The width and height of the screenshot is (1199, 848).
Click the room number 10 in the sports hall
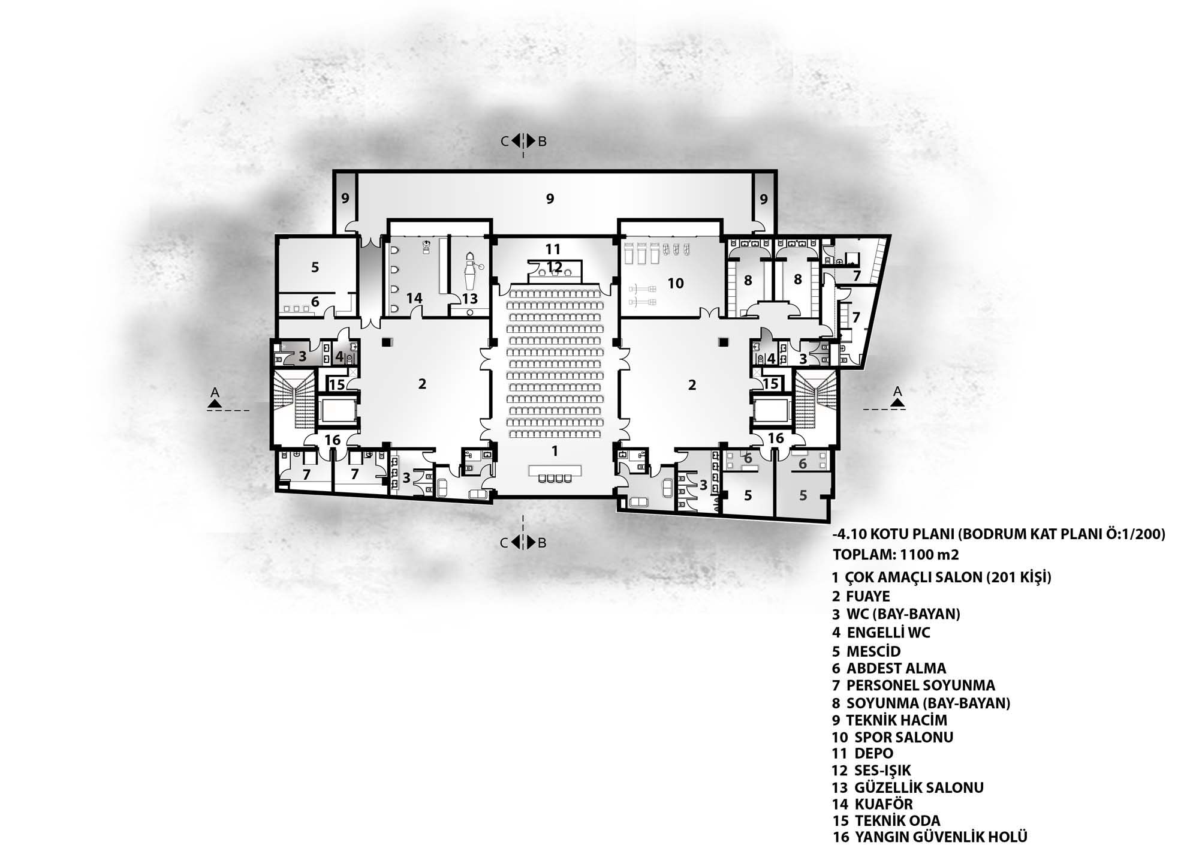click(x=676, y=283)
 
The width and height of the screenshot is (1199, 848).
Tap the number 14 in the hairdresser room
click(x=414, y=298)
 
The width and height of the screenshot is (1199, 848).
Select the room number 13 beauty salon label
click(x=470, y=298)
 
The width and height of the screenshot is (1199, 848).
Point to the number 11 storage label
click(x=553, y=248)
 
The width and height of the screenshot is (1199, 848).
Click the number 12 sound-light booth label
click(x=555, y=266)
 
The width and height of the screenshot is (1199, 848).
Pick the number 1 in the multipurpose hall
click(x=555, y=450)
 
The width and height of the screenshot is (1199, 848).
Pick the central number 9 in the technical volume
click(x=550, y=199)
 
